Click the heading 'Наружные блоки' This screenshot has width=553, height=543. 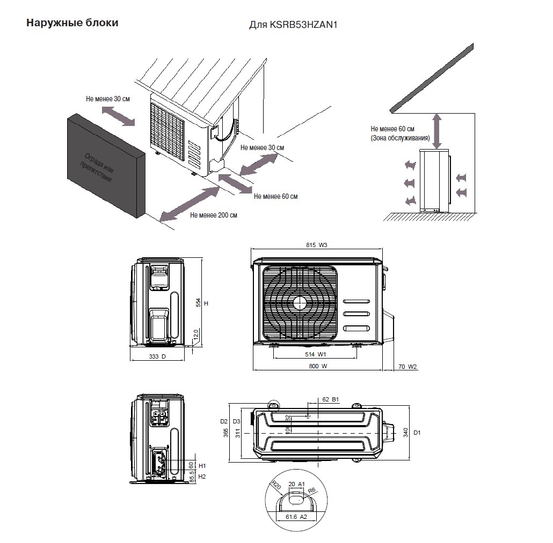[72, 24]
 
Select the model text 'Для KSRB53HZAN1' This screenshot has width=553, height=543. [296, 25]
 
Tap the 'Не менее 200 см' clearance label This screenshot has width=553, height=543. [213, 215]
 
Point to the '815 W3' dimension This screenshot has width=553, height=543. [317, 246]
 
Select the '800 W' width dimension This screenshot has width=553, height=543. [317, 367]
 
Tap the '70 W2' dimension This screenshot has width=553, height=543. [408, 367]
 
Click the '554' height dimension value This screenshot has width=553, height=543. [198, 303]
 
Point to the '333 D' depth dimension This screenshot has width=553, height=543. [158, 357]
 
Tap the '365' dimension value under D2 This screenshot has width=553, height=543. [225, 432]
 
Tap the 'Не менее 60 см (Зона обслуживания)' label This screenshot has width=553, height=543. [400, 133]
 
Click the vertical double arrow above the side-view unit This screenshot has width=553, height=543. [438, 131]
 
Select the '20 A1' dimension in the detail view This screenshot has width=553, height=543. [296, 484]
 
